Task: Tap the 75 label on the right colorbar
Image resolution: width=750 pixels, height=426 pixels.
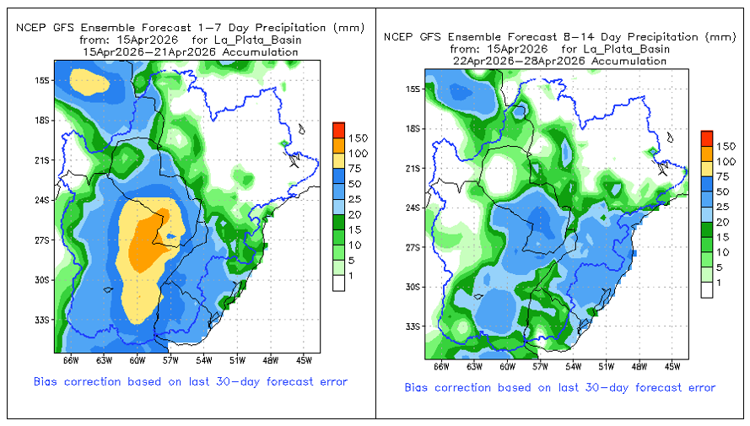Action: (726, 176)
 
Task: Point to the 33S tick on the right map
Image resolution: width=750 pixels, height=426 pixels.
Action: (413, 326)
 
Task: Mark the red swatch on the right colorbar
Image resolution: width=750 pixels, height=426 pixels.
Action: (707, 138)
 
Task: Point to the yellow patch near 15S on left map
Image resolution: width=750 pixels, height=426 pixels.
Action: (89, 82)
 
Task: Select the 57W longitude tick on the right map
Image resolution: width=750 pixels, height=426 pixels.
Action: (540, 366)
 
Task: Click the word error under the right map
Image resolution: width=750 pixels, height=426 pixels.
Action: (698, 387)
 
